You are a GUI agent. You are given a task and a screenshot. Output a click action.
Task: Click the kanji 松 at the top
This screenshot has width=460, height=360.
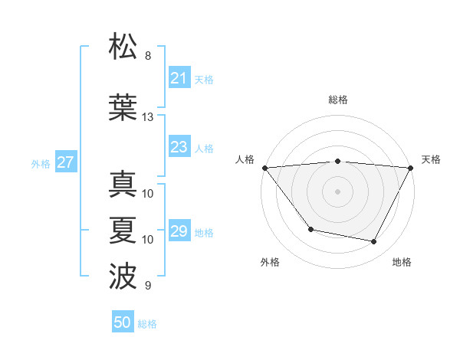[123, 47]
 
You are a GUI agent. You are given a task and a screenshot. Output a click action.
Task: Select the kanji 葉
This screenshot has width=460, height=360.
[123, 107]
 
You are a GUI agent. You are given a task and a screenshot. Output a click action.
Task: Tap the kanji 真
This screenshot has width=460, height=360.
[123, 185]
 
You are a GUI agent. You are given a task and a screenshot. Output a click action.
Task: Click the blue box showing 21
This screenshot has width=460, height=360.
[179, 78]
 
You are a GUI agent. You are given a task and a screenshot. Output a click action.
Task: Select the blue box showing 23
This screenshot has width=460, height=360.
[179, 147]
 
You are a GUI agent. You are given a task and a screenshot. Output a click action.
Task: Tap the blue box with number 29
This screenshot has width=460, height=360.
[179, 231]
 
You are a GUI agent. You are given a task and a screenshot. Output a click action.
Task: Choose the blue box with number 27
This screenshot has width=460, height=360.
[65, 162]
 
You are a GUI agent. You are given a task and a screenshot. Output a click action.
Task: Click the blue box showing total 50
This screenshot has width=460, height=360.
[123, 322]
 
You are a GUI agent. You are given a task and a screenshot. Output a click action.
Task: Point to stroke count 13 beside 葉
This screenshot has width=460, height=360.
[147, 117]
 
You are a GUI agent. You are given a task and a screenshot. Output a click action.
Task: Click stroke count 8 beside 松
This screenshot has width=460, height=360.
[148, 56]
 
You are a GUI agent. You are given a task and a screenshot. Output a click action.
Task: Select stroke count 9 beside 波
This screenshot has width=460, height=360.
[148, 286]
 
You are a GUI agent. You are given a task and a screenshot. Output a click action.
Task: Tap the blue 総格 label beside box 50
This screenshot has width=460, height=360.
[147, 324]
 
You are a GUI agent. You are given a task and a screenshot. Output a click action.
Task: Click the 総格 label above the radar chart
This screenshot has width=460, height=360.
[337, 100]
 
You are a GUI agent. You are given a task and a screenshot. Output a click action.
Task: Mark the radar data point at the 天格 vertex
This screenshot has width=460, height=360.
[411, 168]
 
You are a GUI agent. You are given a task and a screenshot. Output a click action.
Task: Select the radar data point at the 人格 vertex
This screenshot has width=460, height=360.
[264, 168]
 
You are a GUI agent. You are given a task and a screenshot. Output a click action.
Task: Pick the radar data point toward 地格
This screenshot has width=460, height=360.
[374, 242]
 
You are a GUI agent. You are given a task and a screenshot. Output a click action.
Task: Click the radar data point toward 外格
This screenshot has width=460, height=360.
[310, 229]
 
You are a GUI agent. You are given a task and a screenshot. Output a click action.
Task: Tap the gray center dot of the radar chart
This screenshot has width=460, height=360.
[337, 191]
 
